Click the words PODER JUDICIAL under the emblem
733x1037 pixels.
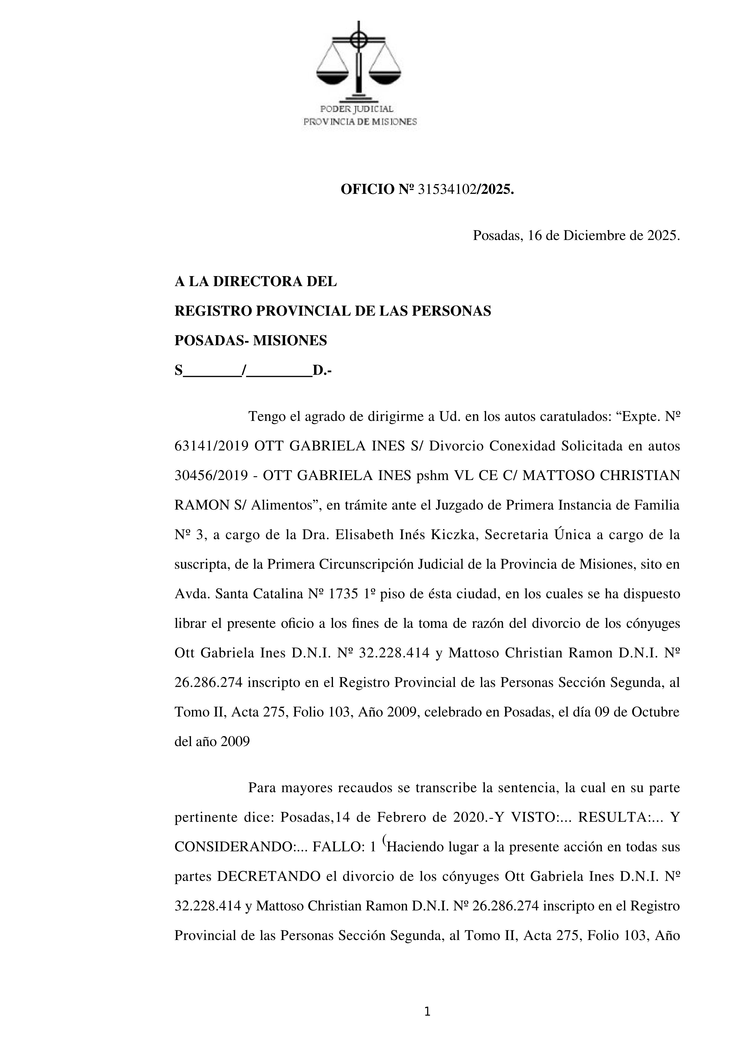[357, 109]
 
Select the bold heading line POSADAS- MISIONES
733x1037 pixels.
[251, 341]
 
